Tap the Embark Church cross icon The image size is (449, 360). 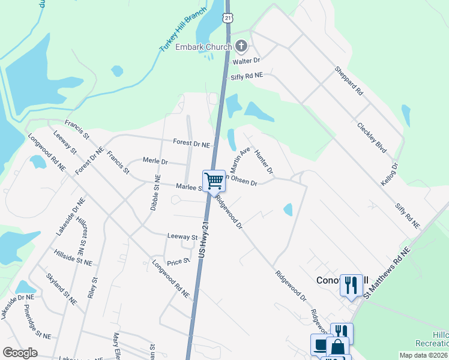pyautogui.click(x=241, y=46)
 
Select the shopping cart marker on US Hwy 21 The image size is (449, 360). pyautogui.click(x=214, y=180)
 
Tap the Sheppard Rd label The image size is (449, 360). pyautogui.click(x=349, y=81)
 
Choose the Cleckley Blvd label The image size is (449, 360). pyautogui.click(x=370, y=137)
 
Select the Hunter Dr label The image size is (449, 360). pyautogui.click(x=264, y=162)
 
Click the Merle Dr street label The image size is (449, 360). pyautogui.click(x=155, y=161)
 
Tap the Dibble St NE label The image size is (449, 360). pyautogui.click(x=155, y=192)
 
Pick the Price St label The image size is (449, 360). pyautogui.click(x=178, y=262)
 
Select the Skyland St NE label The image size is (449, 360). pyautogui.click(x=61, y=289)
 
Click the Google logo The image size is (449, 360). pyautogui.click(x=20, y=353)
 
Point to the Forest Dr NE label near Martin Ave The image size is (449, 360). pyautogui.click(x=191, y=144)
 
